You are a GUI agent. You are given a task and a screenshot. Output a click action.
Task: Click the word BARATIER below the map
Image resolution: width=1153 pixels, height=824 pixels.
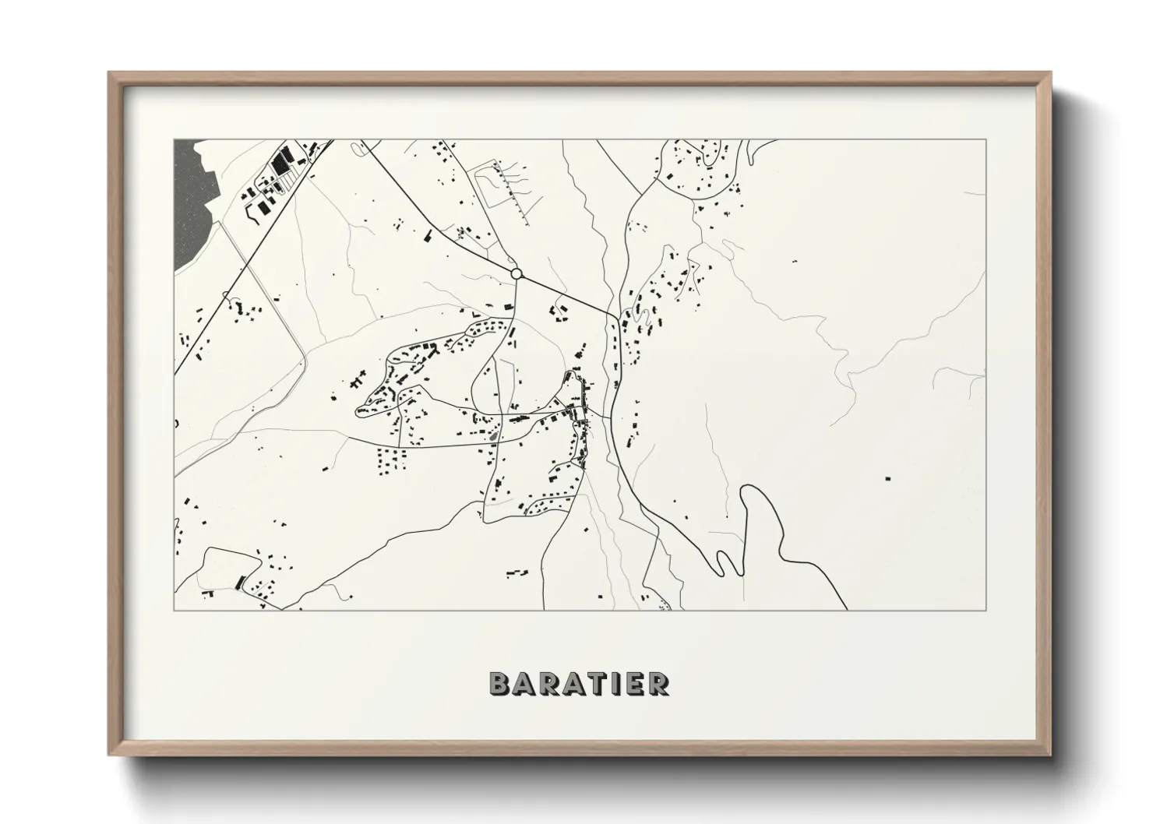tap(578, 683)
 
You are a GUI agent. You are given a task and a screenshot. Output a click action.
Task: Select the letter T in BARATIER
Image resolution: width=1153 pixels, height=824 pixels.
tap(591, 683)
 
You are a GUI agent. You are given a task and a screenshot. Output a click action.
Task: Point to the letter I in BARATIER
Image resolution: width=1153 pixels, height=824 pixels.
tap(612, 683)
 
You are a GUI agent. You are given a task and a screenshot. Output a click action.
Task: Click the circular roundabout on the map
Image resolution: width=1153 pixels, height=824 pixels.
tap(516, 273)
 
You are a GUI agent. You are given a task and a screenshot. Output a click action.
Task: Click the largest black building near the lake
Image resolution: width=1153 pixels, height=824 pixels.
tap(280, 164)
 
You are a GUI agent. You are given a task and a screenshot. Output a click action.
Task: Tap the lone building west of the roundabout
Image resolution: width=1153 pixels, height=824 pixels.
tap(428, 234)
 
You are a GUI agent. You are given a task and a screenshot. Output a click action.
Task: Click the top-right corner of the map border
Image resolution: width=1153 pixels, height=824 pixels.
tap(986, 139)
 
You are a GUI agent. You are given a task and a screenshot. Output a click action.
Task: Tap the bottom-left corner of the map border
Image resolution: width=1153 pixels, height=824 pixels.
tap(175, 610)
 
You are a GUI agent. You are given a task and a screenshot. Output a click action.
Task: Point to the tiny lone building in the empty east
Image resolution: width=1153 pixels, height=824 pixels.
tap(794, 261)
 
